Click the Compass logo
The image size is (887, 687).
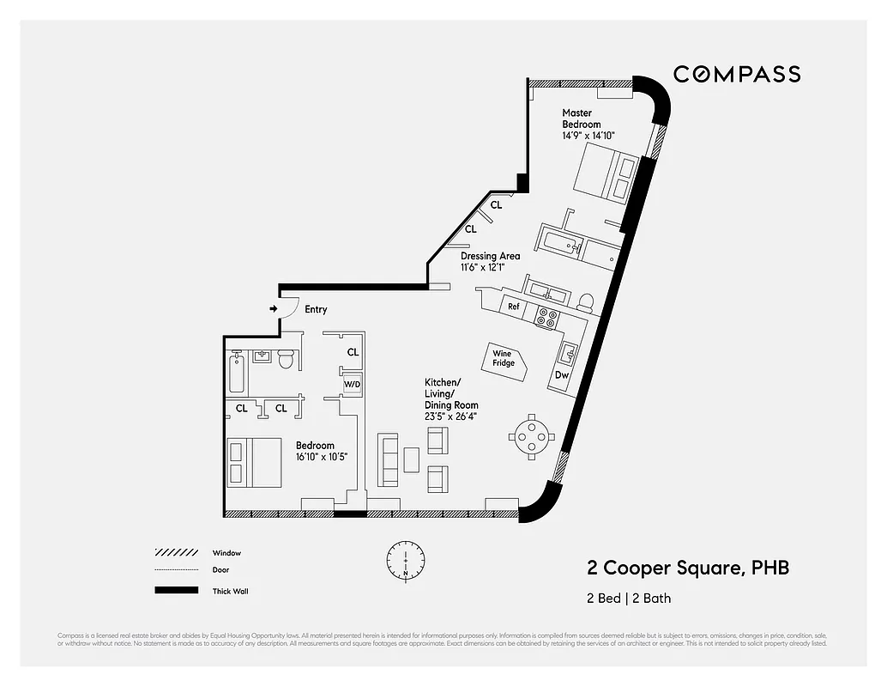pyautogui.click(x=736, y=75)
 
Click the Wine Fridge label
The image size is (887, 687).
pyautogui.click(x=504, y=357)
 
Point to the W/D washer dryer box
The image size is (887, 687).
pyautogui.click(x=353, y=384)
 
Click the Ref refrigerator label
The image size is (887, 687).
pyautogui.click(x=513, y=307)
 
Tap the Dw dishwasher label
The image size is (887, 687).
pyautogui.click(x=562, y=375)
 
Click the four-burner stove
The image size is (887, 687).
pyautogui.click(x=546, y=317)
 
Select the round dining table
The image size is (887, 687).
pyautogui.click(x=532, y=436)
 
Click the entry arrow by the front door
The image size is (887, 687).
pyautogui.click(x=273, y=308)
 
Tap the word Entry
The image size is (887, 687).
pyautogui.click(x=316, y=309)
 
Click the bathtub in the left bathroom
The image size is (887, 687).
pyautogui.click(x=236, y=373)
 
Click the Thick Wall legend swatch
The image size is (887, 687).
pyautogui.click(x=175, y=591)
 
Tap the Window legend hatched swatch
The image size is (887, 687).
pyautogui.click(x=175, y=553)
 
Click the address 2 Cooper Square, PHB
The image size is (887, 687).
pyautogui.click(x=687, y=568)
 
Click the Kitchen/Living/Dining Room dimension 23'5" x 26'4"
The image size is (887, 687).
pyautogui.click(x=451, y=416)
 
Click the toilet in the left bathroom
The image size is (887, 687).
pyautogui.click(x=287, y=359)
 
